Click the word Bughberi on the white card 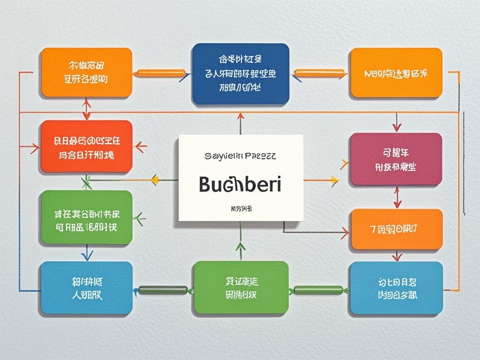coord(240,185)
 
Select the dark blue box coord(240,73)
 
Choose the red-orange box coord(86,146)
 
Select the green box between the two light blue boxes coord(240,287)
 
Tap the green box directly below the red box coord(86,217)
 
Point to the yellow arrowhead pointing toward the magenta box coord(334,179)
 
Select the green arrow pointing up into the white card coord(240,247)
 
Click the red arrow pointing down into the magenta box coord(397,127)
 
